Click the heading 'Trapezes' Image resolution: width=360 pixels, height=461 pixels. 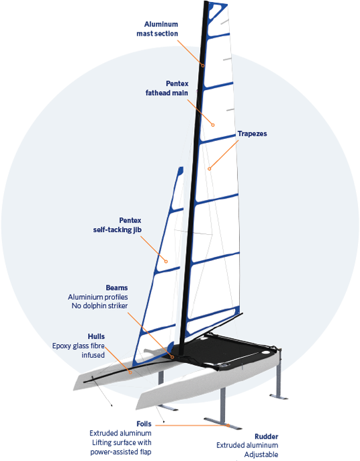pos(253,134)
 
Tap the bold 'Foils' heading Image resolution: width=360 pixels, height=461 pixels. pos(144,423)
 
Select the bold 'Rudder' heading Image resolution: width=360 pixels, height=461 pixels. pos(267,436)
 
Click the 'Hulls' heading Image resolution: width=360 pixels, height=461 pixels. pos(96,336)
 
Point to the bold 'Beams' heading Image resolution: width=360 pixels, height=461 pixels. pos(117,287)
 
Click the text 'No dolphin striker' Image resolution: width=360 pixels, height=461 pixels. pos(100,306)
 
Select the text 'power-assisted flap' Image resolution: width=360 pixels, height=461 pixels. pos(121,452)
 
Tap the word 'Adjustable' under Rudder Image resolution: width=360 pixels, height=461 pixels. pos(261,454)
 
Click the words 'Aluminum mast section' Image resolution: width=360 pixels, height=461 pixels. pos(157,29)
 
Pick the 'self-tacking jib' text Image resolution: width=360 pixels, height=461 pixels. pos(118,229)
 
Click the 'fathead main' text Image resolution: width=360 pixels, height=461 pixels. pos(167,93)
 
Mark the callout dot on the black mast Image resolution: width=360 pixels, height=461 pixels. pos(203,66)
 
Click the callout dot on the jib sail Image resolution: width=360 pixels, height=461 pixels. pos(167,262)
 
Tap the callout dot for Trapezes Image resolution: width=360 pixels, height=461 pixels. pos(210,168)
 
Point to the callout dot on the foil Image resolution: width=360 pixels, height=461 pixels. pos(228,425)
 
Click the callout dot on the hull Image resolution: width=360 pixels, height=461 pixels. pos(131,372)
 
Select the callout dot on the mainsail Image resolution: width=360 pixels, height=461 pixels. pos(213,125)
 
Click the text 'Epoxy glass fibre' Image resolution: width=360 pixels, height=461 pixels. pos(79,346)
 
